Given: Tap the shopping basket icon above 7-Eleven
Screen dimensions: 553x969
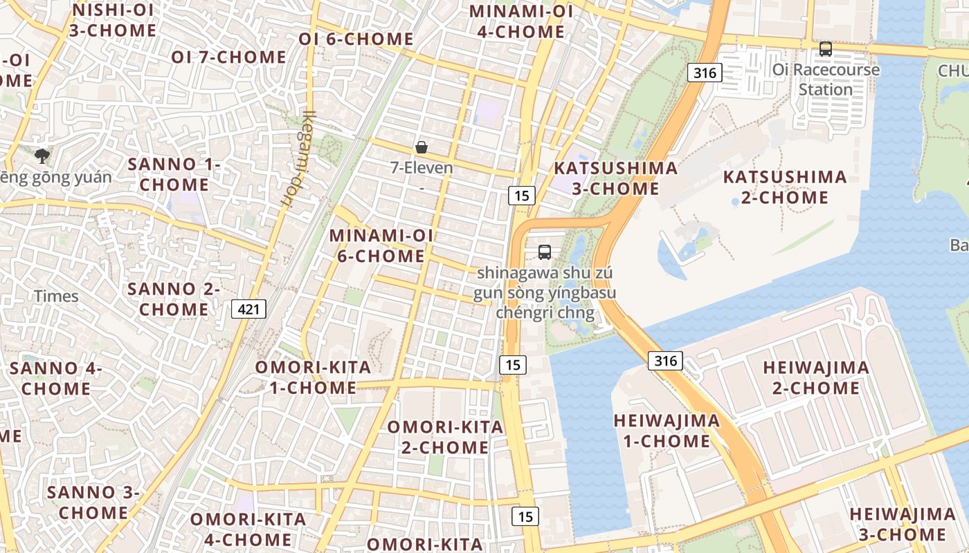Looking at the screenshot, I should pyautogui.click(x=421, y=147).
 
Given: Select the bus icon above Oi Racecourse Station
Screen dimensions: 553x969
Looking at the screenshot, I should pyautogui.click(x=825, y=49).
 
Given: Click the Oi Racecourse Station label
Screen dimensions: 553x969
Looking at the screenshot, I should pyautogui.click(x=826, y=79).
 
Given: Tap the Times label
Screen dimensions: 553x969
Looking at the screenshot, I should pyautogui.click(x=57, y=296).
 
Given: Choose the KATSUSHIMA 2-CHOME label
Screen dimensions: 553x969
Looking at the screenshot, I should pyautogui.click(x=785, y=187).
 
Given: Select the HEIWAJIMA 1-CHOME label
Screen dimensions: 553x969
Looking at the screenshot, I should pyautogui.click(x=667, y=431).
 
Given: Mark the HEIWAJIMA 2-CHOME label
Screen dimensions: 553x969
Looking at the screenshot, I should pyautogui.click(x=816, y=377).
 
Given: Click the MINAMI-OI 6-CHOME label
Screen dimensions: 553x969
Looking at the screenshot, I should pyautogui.click(x=381, y=245).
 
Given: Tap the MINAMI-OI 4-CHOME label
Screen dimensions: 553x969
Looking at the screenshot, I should pyautogui.click(x=521, y=21).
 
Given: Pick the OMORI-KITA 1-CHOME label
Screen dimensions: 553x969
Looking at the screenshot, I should pyautogui.click(x=313, y=377).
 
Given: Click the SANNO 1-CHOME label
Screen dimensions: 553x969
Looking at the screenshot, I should pyautogui.click(x=174, y=174).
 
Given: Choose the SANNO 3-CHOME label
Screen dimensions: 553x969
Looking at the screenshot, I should pyautogui.click(x=93, y=503).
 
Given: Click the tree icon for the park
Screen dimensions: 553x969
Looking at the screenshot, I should pyautogui.click(x=42, y=156).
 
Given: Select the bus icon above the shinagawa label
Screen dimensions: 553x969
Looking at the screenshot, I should pyautogui.click(x=545, y=252).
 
